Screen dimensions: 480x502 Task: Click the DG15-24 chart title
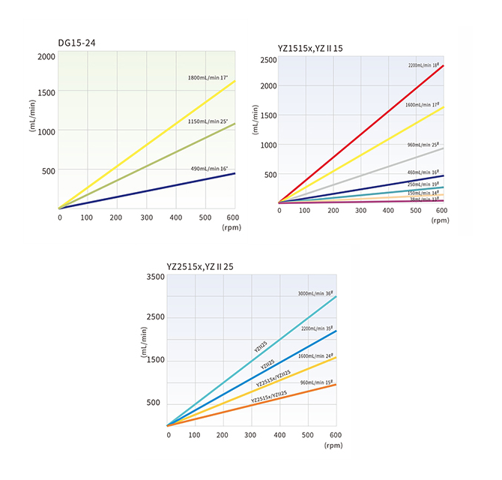pos(76,43)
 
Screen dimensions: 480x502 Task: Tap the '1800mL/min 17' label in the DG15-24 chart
pos(208,77)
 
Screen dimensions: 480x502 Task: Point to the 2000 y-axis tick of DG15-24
pos(46,57)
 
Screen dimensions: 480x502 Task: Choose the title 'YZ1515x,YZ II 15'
pos(310,49)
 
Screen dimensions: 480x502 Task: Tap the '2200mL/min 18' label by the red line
pos(423,66)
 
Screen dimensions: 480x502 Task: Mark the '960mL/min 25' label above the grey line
pos(423,144)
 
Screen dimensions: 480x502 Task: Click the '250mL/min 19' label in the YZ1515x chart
pos(423,184)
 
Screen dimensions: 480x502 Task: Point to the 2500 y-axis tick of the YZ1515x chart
pos(267,60)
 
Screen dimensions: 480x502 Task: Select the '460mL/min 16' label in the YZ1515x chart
pos(423,173)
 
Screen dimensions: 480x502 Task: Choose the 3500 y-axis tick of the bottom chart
pos(154,277)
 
